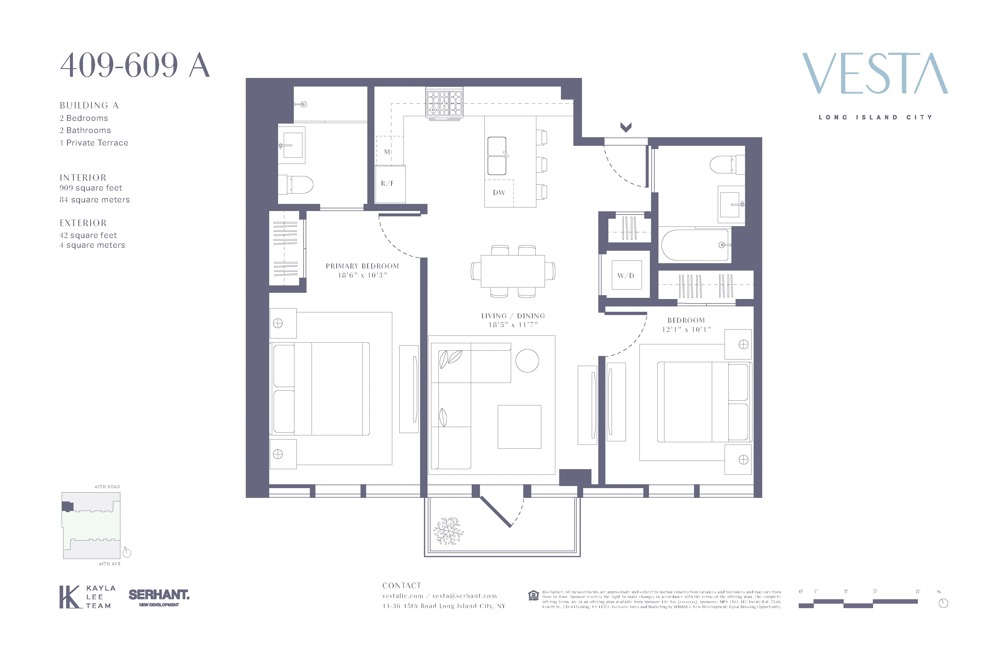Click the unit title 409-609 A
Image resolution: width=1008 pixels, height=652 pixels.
(135, 65)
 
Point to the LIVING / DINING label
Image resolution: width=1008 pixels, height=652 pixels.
(513, 316)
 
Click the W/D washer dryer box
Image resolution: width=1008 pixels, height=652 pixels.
(626, 276)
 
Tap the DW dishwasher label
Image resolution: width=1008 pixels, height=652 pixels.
(499, 193)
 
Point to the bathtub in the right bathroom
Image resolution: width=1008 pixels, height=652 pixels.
(695, 245)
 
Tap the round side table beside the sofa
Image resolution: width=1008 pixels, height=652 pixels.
(527, 361)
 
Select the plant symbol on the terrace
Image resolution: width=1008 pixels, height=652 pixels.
(448, 531)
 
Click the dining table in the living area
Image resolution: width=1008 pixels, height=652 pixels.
(513, 271)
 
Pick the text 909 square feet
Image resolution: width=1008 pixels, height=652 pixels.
(91, 188)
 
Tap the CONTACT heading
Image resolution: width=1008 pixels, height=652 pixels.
(401, 586)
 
